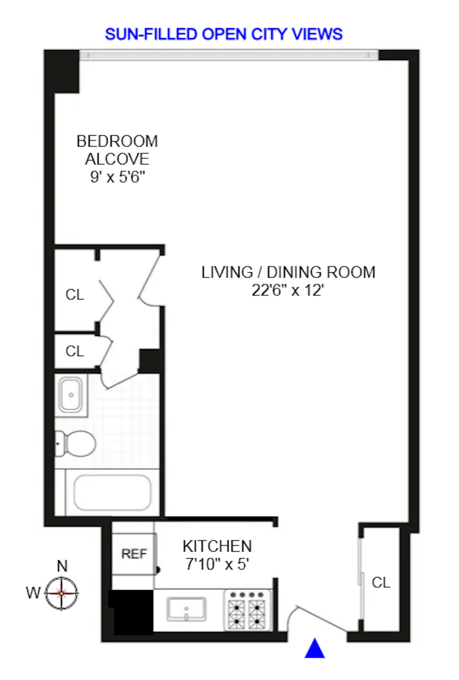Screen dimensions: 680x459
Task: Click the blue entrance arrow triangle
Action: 314,649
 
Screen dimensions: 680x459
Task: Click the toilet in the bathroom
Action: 75,444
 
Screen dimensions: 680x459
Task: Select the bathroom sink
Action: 71,395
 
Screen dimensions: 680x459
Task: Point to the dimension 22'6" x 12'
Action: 288,291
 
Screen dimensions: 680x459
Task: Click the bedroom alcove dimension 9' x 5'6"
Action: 117,177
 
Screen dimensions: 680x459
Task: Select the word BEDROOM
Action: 117,141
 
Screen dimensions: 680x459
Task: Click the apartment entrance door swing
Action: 317,617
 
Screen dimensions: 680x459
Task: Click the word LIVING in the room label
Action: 227,272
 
